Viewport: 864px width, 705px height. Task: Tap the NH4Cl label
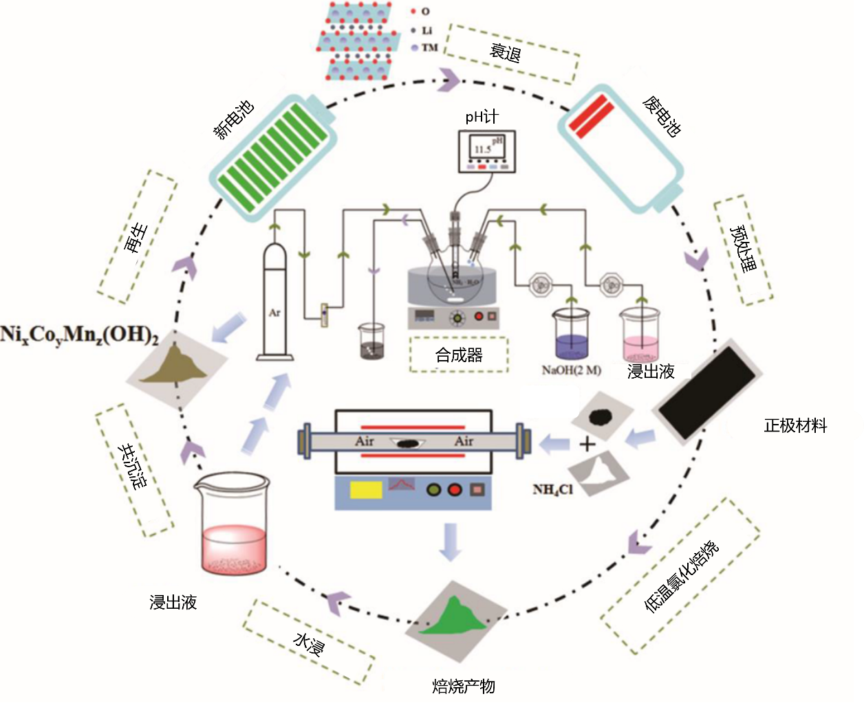(x=553, y=490)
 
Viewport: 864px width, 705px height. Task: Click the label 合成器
(x=459, y=355)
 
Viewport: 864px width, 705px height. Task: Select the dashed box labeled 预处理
(x=741, y=250)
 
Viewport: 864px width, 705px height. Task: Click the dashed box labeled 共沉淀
(x=134, y=469)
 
